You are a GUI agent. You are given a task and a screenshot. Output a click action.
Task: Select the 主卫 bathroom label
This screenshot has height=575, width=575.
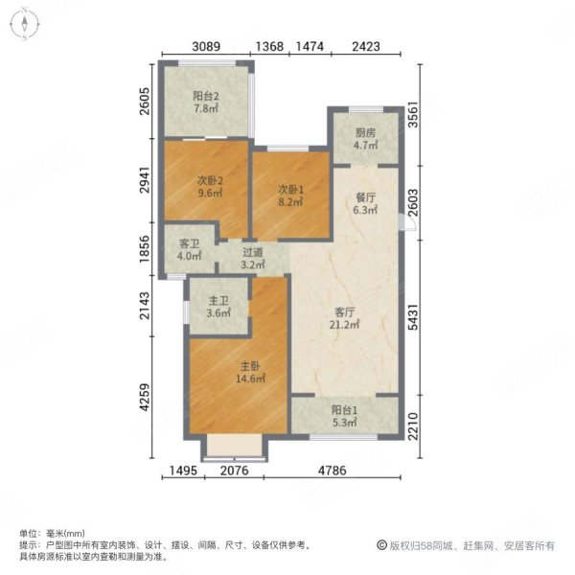click(218, 307)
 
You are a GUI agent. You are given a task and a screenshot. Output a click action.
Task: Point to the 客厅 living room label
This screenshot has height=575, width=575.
click(345, 318)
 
